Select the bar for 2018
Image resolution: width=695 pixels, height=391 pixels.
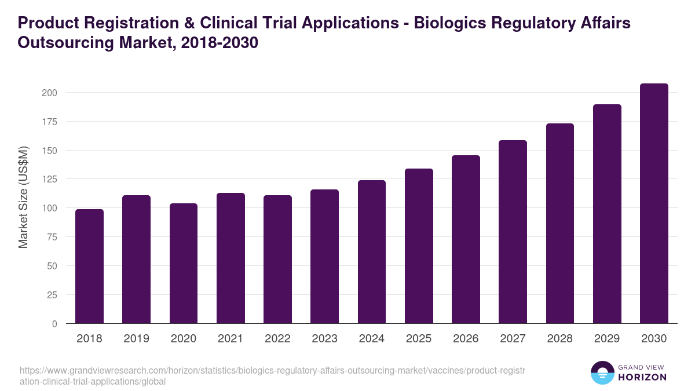click(x=89, y=266)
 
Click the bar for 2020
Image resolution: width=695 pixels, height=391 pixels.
click(x=184, y=264)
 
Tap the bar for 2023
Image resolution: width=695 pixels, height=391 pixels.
click(x=324, y=257)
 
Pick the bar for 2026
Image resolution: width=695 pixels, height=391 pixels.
click(x=466, y=239)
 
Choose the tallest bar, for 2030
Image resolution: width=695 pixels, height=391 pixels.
click(x=654, y=203)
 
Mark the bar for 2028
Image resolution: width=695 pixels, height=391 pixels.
click(x=560, y=224)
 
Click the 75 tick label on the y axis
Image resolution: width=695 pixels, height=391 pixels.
click(x=52, y=237)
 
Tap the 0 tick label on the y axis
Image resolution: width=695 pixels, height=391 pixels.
click(x=54, y=324)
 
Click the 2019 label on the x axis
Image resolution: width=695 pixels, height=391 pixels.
click(x=136, y=339)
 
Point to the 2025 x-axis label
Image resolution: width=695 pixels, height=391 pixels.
click(x=419, y=339)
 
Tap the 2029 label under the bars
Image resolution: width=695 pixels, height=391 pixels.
click(x=607, y=339)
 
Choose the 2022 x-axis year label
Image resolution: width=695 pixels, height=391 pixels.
click(x=277, y=339)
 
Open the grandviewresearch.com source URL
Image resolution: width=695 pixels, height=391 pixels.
click(x=272, y=376)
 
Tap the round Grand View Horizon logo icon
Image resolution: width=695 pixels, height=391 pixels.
click(x=602, y=372)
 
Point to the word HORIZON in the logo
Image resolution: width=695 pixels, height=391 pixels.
click(x=642, y=377)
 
